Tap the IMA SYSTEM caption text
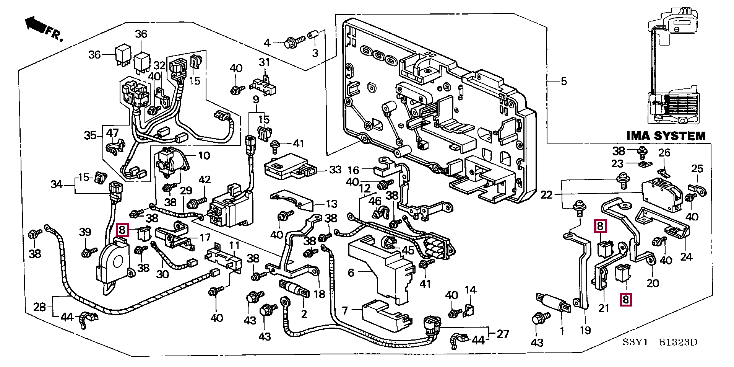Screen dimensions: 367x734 (x=666, y=136)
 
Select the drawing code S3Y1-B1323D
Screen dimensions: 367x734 (x=660, y=342)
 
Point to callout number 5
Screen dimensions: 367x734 (x=564, y=82)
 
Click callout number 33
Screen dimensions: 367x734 (x=335, y=170)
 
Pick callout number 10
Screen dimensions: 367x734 (x=204, y=156)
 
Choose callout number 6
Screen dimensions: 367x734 (x=351, y=272)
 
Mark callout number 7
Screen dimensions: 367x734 (x=345, y=310)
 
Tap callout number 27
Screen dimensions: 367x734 (x=503, y=334)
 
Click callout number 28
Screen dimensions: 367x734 (x=39, y=307)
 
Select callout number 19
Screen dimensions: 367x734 (x=585, y=330)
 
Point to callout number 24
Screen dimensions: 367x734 (x=686, y=257)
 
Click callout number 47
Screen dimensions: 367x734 (x=112, y=133)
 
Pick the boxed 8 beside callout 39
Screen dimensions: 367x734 (x=122, y=230)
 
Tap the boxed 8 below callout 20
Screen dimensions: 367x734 (x=625, y=299)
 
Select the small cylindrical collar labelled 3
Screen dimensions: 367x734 (x=313, y=34)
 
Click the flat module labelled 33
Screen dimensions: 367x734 (x=291, y=166)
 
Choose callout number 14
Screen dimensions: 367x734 (x=471, y=290)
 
